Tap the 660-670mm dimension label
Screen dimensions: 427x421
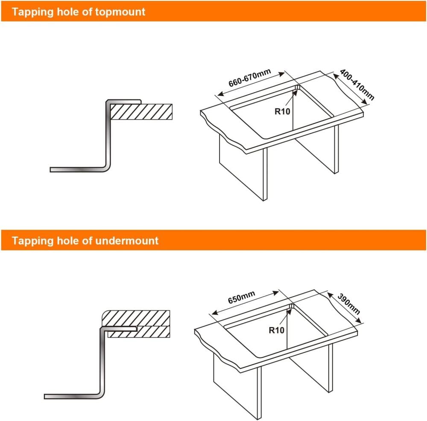click(250, 78)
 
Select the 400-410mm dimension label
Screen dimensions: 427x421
click(357, 85)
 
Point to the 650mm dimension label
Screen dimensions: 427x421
click(242, 297)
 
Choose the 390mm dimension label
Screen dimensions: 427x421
click(348, 304)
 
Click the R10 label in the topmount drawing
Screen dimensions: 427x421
click(282, 111)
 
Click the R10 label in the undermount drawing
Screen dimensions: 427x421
click(276, 330)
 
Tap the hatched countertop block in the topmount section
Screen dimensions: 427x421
click(141, 111)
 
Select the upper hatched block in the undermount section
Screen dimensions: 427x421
click(136, 318)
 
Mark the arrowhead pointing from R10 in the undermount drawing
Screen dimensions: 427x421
click(289, 312)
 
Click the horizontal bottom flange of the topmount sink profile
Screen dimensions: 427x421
click(78, 170)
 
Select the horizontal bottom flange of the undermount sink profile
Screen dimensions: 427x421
click(72, 397)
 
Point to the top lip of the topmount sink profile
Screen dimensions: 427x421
click(124, 101)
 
